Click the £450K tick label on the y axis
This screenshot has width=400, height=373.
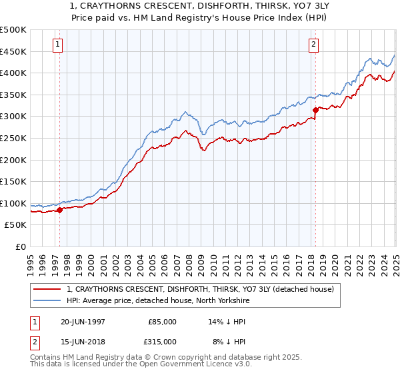(x=13, y=51)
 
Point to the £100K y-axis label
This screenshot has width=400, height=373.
(x=13, y=203)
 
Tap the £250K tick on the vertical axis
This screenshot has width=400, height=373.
(x=13, y=138)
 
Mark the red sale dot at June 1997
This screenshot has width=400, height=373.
(x=60, y=210)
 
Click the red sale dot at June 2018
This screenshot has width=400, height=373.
(x=315, y=111)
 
